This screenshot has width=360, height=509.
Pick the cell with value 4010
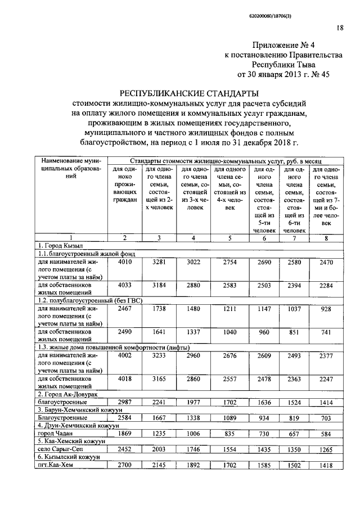click(x=124, y=262)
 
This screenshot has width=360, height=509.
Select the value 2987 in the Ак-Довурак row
click(x=124, y=403)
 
